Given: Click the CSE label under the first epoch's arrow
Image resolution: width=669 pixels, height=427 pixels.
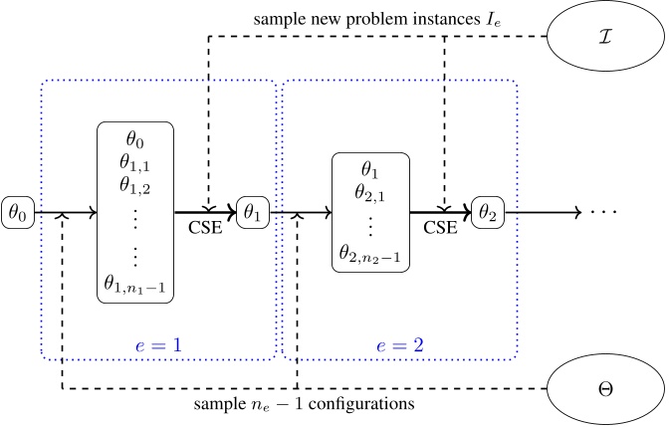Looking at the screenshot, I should (207, 228).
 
